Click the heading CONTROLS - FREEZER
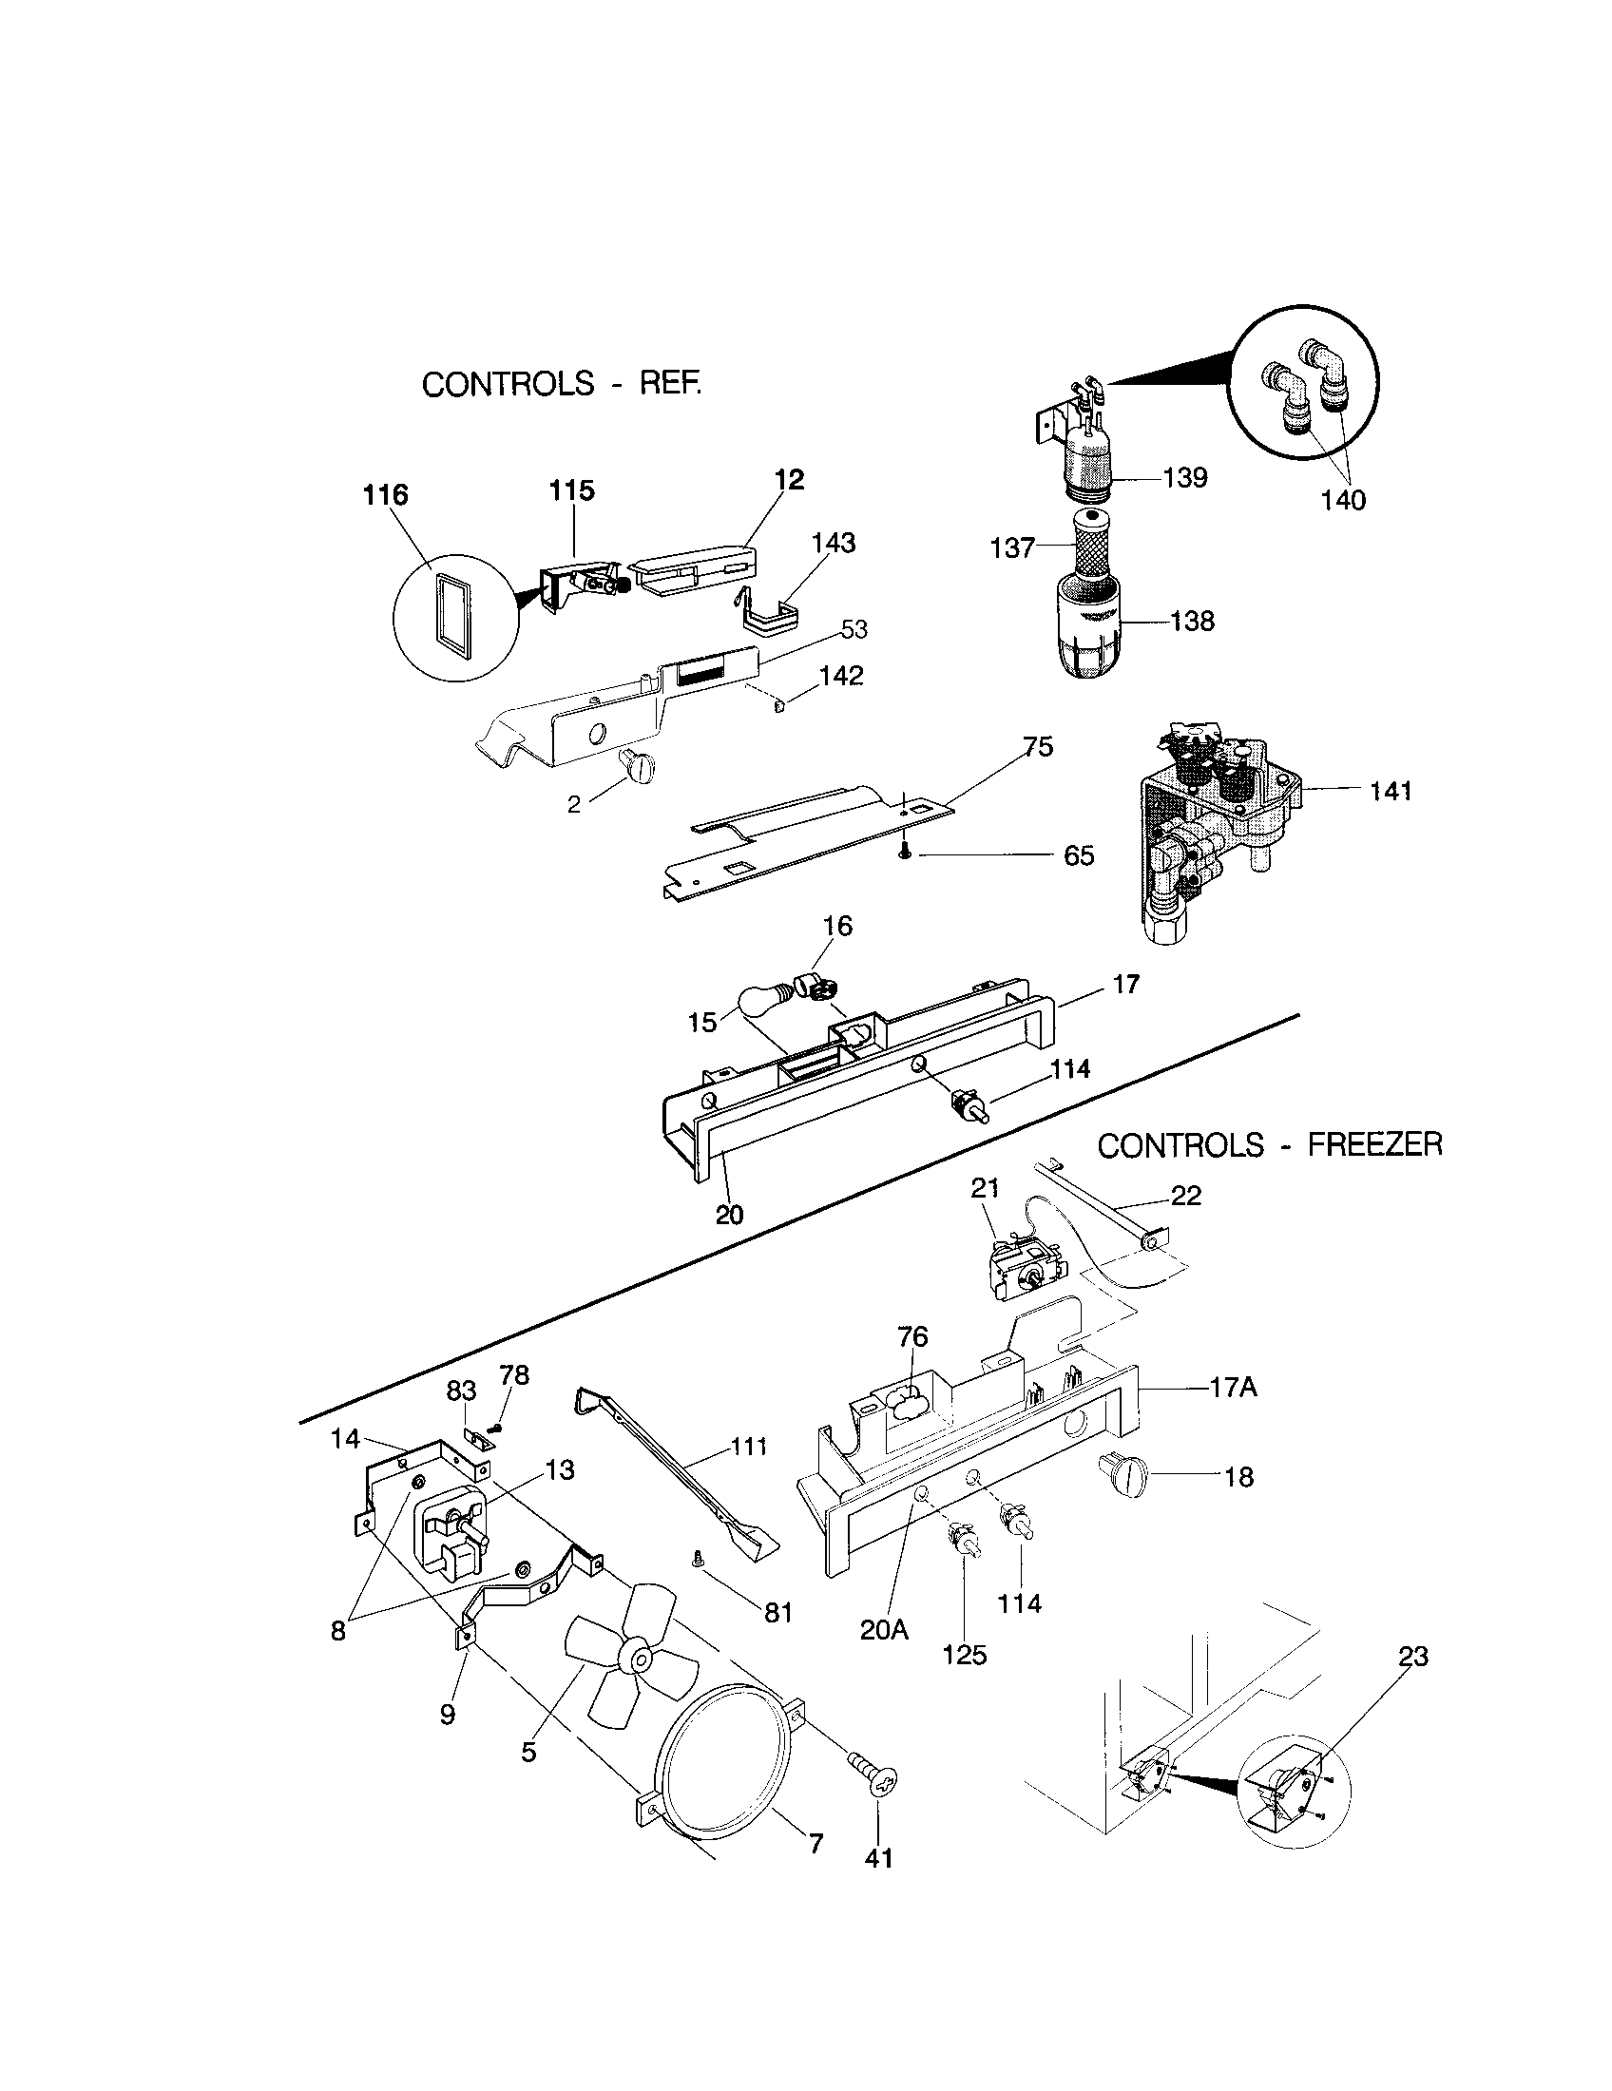(1269, 1145)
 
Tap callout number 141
(1390, 791)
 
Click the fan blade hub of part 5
(635, 1656)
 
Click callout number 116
(385, 495)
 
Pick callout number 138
(1193, 622)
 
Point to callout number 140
(1343, 500)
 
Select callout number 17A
(1233, 1388)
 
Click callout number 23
(1413, 1656)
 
